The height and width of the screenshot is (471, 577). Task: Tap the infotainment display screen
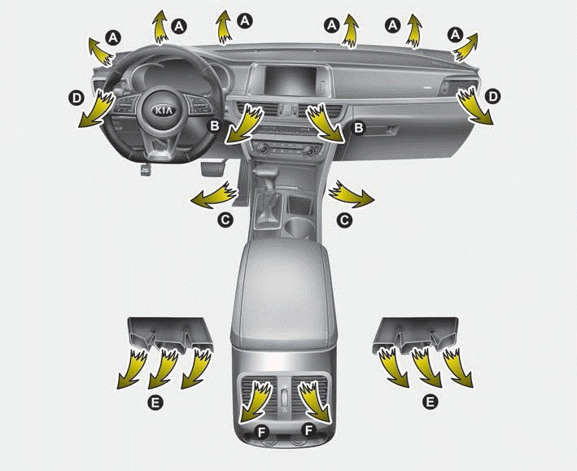click(291, 81)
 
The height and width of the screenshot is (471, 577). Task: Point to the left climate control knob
click(263, 149)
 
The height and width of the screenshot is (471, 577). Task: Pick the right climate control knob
click(309, 150)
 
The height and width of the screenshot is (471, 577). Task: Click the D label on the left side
click(76, 98)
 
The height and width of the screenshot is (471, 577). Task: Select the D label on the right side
click(492, 97)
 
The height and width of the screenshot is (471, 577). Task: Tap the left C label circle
click(225, 220)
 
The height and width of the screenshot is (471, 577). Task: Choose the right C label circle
click(344, 220)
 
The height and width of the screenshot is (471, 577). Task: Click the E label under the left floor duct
click(155, 403)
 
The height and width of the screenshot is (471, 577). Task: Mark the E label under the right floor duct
click(430, 402)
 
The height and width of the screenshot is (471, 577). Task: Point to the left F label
click(261, 433)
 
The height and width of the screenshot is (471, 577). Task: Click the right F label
click(309, 430)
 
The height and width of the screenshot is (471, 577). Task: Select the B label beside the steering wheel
click(214, 126)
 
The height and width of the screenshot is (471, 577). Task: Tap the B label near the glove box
click(358, 128)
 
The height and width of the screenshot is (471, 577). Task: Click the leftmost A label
click(113, 37)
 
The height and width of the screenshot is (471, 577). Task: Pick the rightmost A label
click(455, 35)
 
